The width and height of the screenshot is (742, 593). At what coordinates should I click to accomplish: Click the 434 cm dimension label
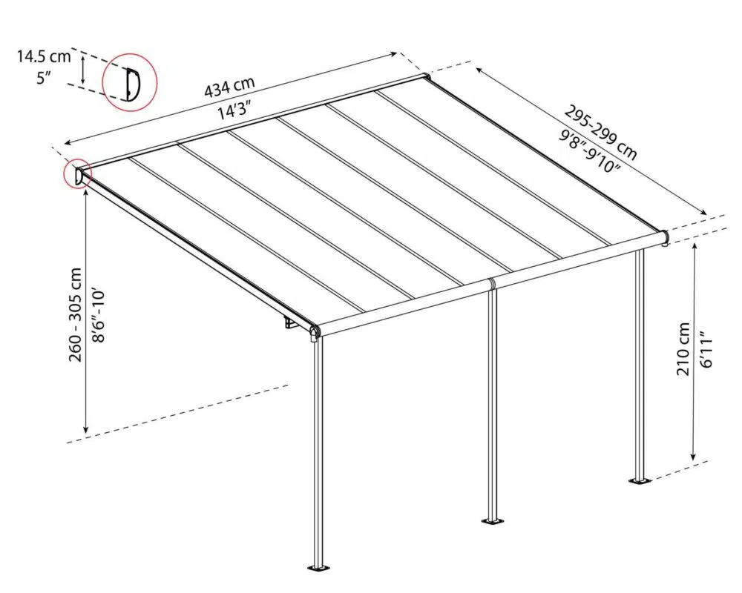tap(229, 87)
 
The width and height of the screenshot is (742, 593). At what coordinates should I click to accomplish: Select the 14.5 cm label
tap(44, 57)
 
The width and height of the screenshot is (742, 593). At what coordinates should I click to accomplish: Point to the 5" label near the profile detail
tap(44, 78)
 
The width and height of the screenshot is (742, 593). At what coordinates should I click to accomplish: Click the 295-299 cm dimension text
tap(601, 133)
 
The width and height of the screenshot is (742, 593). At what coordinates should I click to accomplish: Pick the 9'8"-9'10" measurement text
tap(589, 150)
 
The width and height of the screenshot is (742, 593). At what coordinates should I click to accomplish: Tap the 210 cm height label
tap(683, 349)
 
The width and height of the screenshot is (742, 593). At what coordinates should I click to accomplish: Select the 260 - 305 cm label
tap(76, 315)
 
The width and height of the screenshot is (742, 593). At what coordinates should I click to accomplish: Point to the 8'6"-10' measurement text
tap(99, 316)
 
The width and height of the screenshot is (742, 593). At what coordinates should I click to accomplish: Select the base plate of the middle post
tap(493, 521)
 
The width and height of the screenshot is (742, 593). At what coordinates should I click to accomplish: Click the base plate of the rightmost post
tap(640, 481)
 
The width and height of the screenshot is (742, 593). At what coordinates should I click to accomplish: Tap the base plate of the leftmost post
tap(319, 568)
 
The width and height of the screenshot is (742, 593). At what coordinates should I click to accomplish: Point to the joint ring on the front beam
tap(492, 284)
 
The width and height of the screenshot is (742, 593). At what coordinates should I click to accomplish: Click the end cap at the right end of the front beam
tap(665, 237)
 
